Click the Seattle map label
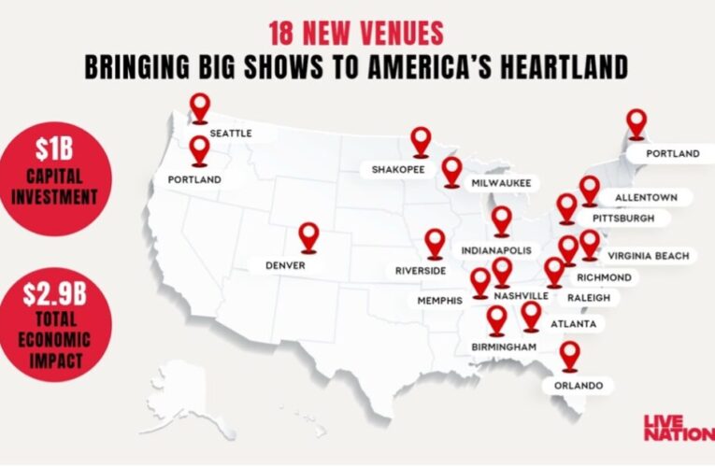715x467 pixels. pos(230,134)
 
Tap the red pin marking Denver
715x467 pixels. pos(308,237)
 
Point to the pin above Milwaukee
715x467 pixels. pos(452,170)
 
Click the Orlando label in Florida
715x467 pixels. pos(577,385)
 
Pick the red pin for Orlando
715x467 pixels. pos(569,355)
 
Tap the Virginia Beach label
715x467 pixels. pos(648,255)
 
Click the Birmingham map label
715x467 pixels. pos(499,347)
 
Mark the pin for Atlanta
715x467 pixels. pos(531,315)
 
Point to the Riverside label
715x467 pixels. pos(420,271)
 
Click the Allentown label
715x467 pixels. pos(646,197)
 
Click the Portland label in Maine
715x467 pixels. pos(665,153)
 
